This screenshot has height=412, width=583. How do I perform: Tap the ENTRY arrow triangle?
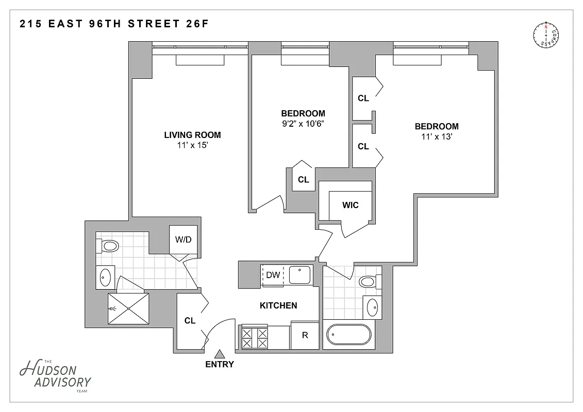pos(220,354)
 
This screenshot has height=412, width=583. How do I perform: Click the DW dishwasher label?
pos(273,275)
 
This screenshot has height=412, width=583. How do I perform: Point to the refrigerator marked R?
pos(305,335)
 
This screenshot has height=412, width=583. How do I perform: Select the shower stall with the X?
pos(128,308)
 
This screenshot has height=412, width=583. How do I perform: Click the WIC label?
pos(351,205)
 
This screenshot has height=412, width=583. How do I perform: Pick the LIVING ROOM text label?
pos(192,135)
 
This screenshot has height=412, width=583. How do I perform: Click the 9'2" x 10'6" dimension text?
pos(303,124)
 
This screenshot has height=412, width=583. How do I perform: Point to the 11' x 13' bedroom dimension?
pos(437,137)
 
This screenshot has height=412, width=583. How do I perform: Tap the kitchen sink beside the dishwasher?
pos(299,274)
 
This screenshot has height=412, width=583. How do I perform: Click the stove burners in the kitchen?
pos(255,337)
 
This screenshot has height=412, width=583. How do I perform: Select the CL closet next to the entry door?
pos(190,320)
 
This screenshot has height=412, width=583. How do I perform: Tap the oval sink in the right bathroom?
pos(372,307)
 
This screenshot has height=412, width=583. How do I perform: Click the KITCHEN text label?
pos(278,305)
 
